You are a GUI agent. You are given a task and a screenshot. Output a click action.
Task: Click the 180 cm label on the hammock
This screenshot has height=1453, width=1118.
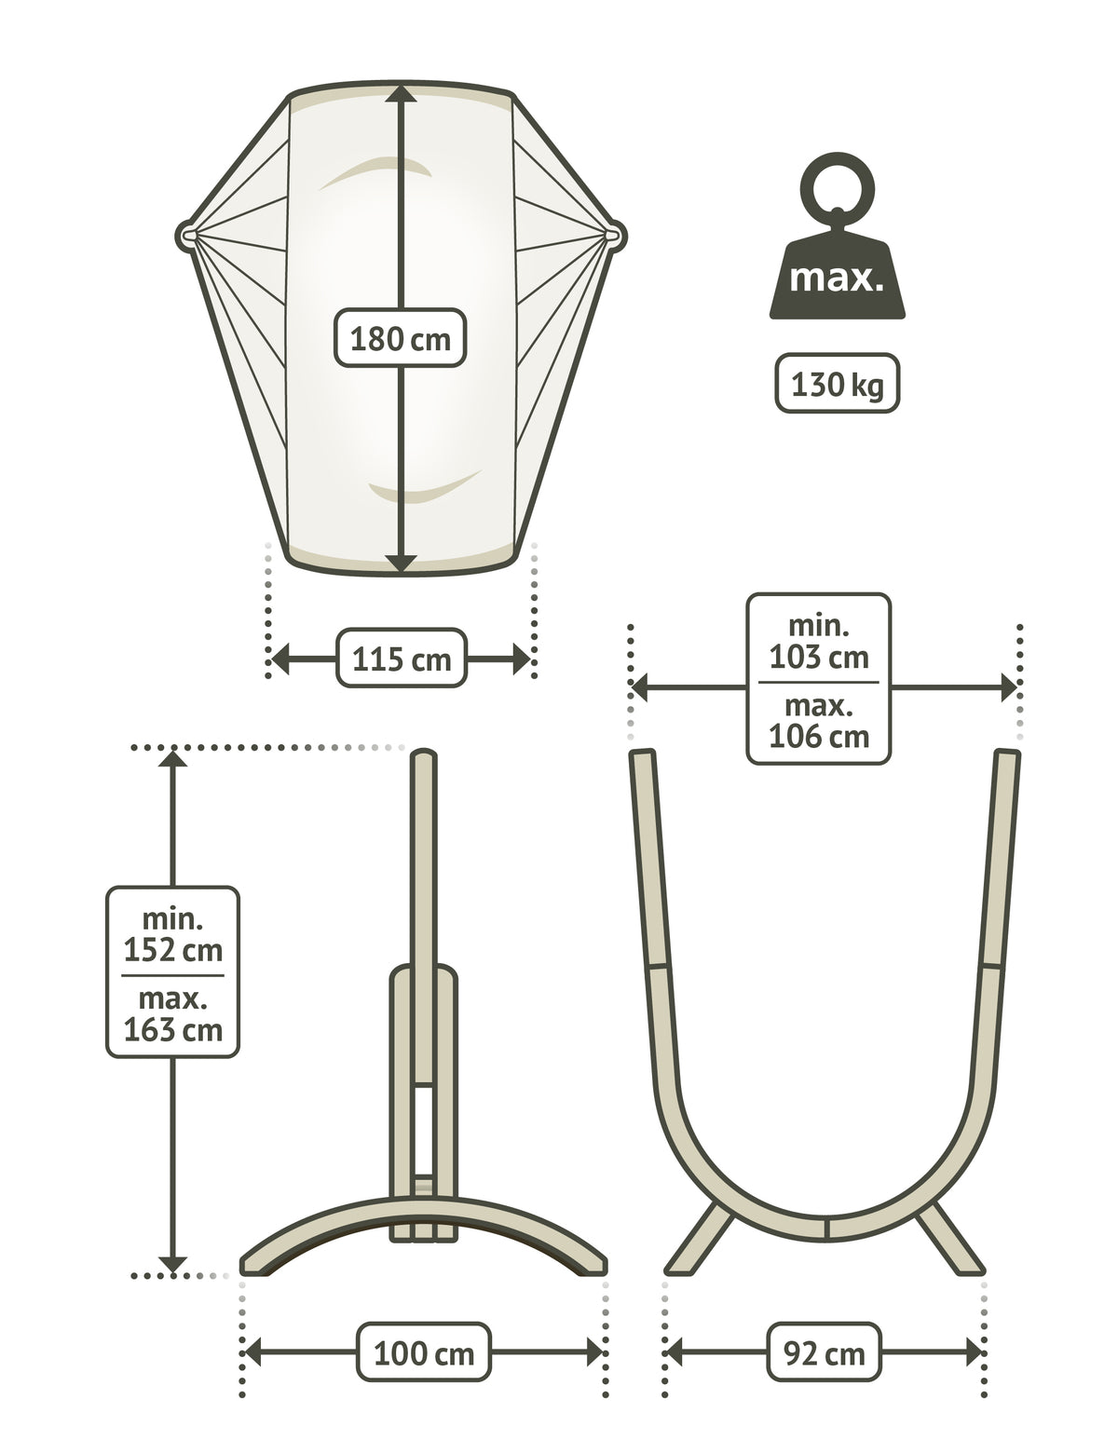coord(400,338)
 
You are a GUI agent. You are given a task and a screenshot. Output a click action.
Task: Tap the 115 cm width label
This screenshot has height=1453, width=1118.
coord(402,659)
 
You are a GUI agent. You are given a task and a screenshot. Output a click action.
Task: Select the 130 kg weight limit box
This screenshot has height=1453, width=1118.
coord(838,384)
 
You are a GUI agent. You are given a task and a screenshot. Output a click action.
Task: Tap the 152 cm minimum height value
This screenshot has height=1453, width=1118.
coord(172,950)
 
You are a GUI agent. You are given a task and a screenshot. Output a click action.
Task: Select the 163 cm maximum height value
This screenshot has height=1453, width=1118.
coord(172,1030)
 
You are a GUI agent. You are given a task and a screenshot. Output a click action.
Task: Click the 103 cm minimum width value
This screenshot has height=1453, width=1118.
coord(818,657)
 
